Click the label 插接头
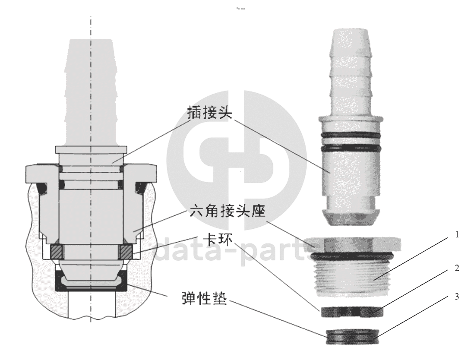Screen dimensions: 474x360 [x=209, y=113]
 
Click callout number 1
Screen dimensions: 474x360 [x=457, y=234]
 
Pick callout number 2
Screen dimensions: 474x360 [x=457, y=268]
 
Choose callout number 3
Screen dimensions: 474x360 [x=457, y=297]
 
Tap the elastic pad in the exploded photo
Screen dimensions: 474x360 [x=352, y=335]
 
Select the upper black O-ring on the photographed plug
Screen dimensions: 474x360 [x=351, y=135]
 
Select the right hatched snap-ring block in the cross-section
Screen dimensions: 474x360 [x=126, y=251]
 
